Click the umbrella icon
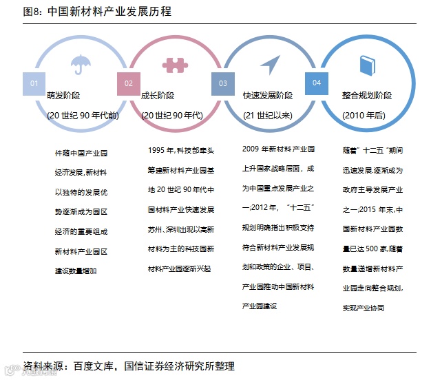(x=81, y=65)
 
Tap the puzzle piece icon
(x=175, y=65)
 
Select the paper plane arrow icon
(x=269, y=65)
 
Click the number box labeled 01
(x=34, y=83)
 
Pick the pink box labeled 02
(x=129, y=83)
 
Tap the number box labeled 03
(x=223, y=83)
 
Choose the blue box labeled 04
(x=317, y=83)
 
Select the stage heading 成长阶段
(x=158, y=96)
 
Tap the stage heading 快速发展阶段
(x=268, y=96)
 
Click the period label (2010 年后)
(x=364, y=115)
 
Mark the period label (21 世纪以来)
(x=268, y=115)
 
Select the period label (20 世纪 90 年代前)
(x=83, y=115)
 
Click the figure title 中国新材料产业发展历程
(x=111, y=12)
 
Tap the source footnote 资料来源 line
(x=129, y=366)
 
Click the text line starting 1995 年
(x=181, y=149)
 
